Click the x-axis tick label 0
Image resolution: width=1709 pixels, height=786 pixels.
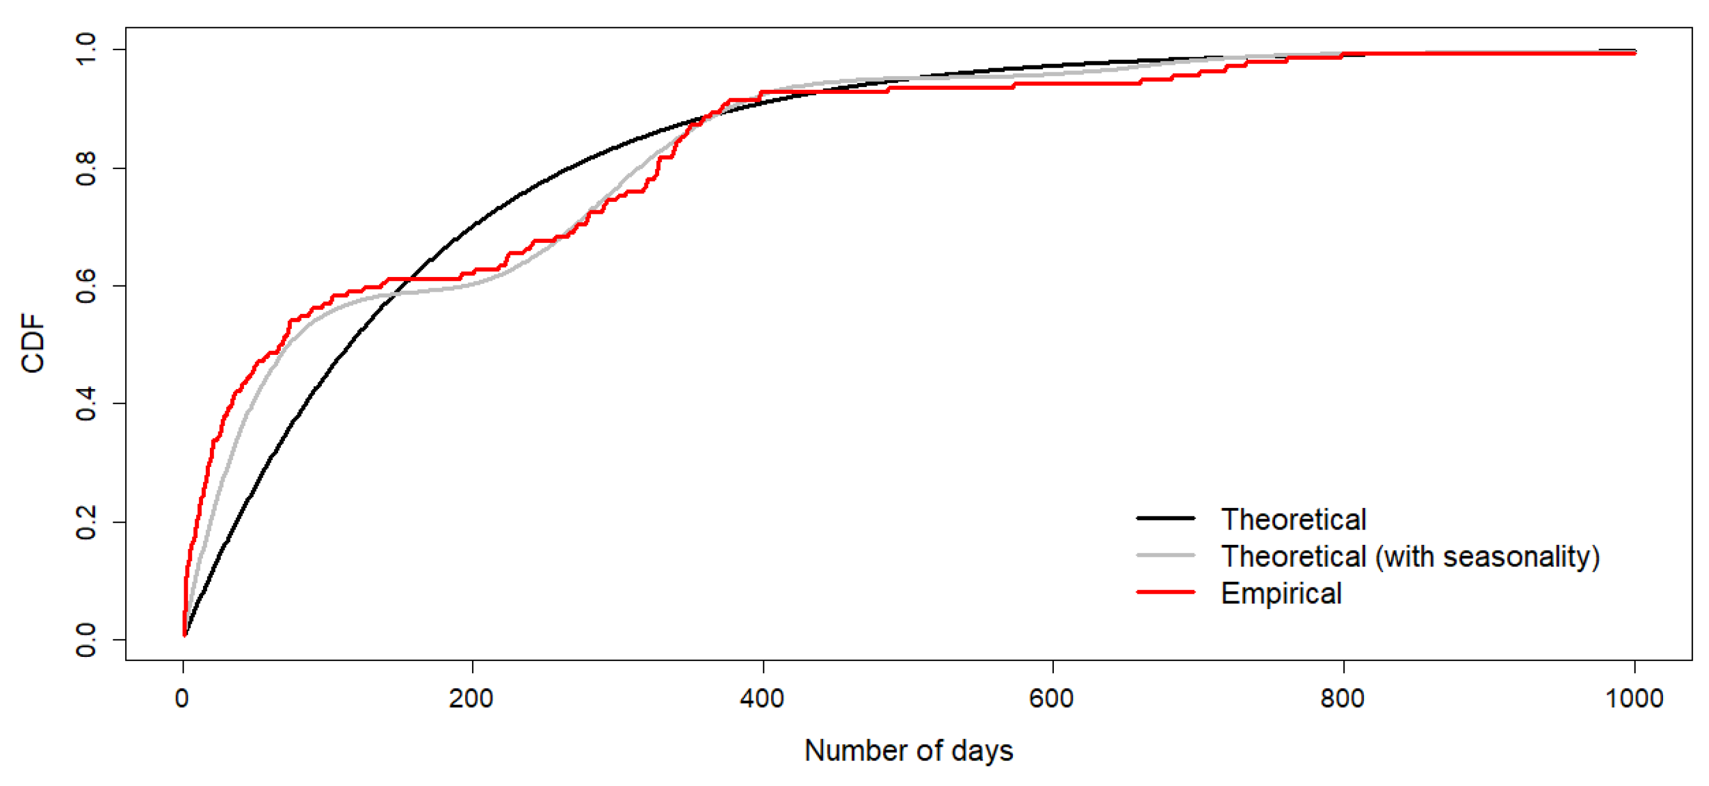pos(182,698)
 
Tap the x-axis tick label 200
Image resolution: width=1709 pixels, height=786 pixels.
pos(471,698)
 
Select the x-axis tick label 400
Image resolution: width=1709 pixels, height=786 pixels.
pos(762,698)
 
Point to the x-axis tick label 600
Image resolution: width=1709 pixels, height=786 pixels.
pos(1052,698)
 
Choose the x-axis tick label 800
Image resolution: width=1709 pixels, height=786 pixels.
pos(1343,698)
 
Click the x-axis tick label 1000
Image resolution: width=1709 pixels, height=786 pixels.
pos(1633,698)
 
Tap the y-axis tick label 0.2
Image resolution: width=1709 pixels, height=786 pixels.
pos(86,522)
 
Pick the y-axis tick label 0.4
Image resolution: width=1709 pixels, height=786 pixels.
pos(86,404)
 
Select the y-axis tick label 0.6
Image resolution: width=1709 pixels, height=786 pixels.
pos(86,286)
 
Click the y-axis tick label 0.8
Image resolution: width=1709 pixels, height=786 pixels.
pos(86,168)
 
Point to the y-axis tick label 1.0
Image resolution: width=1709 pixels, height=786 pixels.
pos(86,49)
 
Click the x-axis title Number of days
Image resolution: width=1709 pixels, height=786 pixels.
pos(908,751)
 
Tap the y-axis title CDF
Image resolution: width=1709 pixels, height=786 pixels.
pos(33,344)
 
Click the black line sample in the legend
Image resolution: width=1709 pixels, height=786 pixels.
pos(1166,518)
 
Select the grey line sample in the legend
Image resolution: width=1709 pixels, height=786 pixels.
pos(1166,555)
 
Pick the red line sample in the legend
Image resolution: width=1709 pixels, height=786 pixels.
pos(1166,591)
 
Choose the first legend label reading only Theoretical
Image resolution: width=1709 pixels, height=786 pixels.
pos(1294,519)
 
